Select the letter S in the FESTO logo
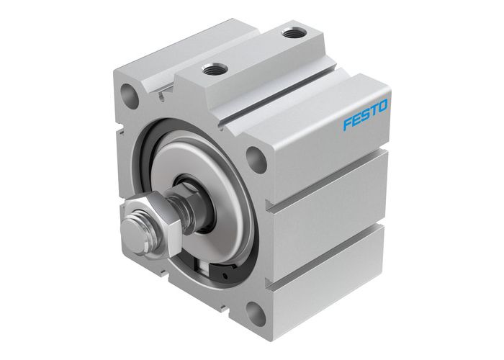point(365,115)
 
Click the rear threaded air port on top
point(292,32)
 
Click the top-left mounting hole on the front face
point(130,95)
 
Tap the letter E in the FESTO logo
point(356,120)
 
